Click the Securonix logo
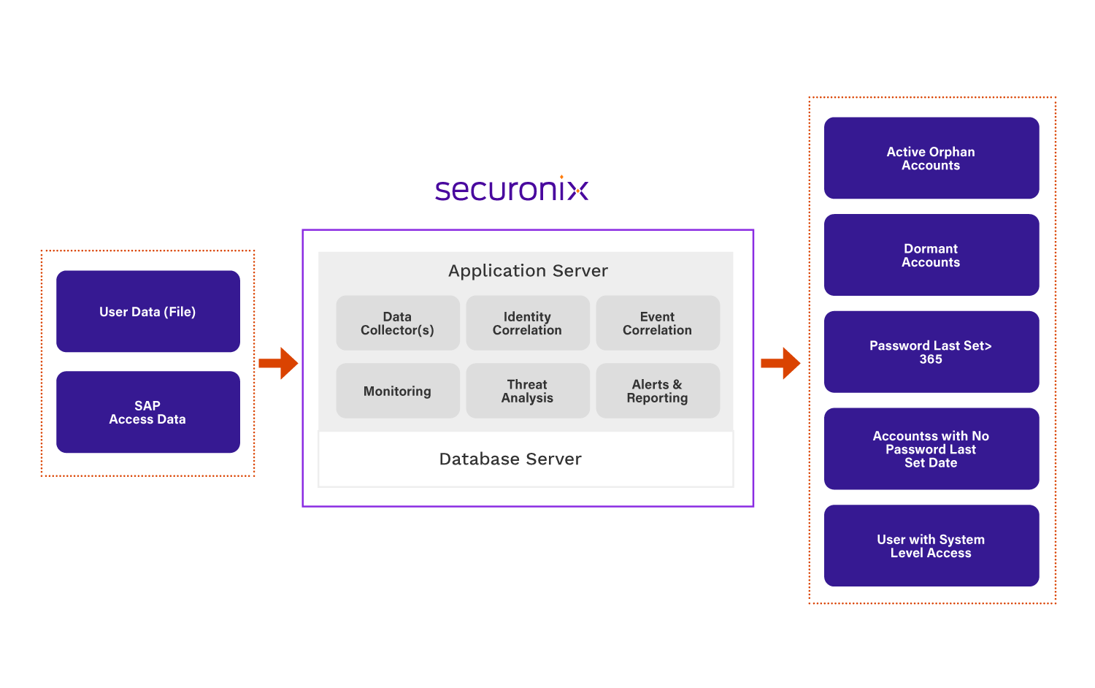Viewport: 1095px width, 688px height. pyautogui.click(x=511, y=190)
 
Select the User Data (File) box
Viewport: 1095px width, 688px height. pyautogui.click(x=148, y=312)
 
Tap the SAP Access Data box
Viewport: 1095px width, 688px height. pyautogui.click(x=148, y=412)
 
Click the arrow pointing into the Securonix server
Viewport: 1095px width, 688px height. pyautogui.click(x=278, y=363)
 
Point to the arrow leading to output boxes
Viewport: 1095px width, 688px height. pyautogui.click(x=780, y=363)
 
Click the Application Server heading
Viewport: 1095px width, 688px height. pyautogui.click(x=528, y=271)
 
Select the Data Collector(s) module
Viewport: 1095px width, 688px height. pyautogui.click(x=398, y=323)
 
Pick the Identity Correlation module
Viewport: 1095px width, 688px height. pyautogui.click(x=528, y=323)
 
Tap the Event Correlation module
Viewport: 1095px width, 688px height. pyautogui.click(x=658, y=323)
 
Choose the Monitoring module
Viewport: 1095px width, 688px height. pyautogui.click(x=398, y=391)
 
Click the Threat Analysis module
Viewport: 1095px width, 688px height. pyautogui.click(x=528, y=391)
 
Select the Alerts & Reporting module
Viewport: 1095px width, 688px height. pyautogui.click(x=658, y=391)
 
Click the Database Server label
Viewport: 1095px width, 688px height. pyautogui.click(x=510, y=459)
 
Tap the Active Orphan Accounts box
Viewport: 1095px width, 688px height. pyautogui.click(x=931, y=158)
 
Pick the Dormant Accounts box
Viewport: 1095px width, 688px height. pyautogui.click(x=931, y=255)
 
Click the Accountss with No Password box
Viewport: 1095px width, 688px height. pyautogui.click(x=931, y=448)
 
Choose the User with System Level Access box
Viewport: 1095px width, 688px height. pyautogui.click(x=931, y=546)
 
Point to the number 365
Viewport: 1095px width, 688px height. pyautogui.click(x=931, y=359)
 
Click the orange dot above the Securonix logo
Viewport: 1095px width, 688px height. pyautogui.click(x=561, y=177)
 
